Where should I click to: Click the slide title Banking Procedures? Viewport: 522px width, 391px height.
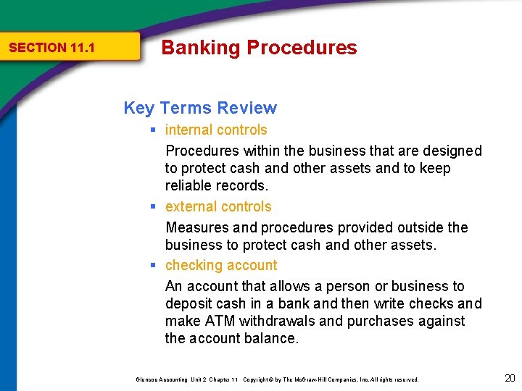pyautogui.click(x=259, y=48)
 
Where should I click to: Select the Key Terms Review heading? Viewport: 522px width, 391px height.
pyautogui.click(x=200, y=108)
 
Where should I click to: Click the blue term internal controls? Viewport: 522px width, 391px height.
pyautogui.click(x=216, y=130)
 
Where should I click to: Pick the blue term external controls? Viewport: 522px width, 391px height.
pyautogui.click(x=218, y=206)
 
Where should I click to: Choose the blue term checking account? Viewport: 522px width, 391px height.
pyautogui.click(x=221, y=265)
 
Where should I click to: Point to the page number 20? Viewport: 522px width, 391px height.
pyautogui.click(x=510, y=378)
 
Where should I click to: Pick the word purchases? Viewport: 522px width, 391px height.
pyautogui.click(x=384, y=321)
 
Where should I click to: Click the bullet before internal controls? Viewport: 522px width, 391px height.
pyautogui.click(x=154, y=130)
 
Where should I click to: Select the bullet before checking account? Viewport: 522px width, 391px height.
pyautogui.click(x=154, y=265)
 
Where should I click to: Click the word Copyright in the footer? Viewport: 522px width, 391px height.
pyautogui.click(x=257, y=379)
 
